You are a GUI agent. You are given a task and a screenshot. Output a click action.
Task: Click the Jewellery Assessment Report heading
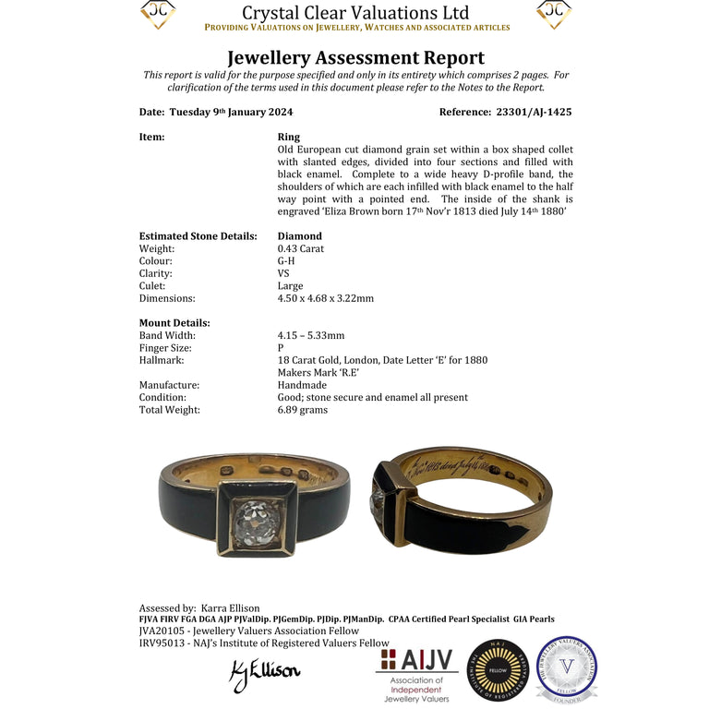(355, 58)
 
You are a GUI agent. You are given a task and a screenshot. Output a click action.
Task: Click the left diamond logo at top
(158, 13)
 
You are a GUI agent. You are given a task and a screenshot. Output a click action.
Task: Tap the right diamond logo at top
(553, 13)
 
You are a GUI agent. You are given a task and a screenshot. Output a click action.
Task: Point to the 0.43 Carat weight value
(301, 248)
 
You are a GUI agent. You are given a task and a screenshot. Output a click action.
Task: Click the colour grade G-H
(286, 261)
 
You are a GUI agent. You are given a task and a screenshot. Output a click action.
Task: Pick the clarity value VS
(284, 273)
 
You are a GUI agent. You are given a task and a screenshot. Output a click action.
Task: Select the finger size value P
(281, 348)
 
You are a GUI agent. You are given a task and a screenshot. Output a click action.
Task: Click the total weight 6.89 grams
(303, 410)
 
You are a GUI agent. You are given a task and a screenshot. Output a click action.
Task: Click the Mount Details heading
(174, 323)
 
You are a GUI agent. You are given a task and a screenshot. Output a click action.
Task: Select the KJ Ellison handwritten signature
(264, 673)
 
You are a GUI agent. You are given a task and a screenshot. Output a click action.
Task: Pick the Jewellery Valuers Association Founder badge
(566, 667)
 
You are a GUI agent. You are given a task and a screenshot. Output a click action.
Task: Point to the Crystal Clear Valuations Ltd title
(355, 13)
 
